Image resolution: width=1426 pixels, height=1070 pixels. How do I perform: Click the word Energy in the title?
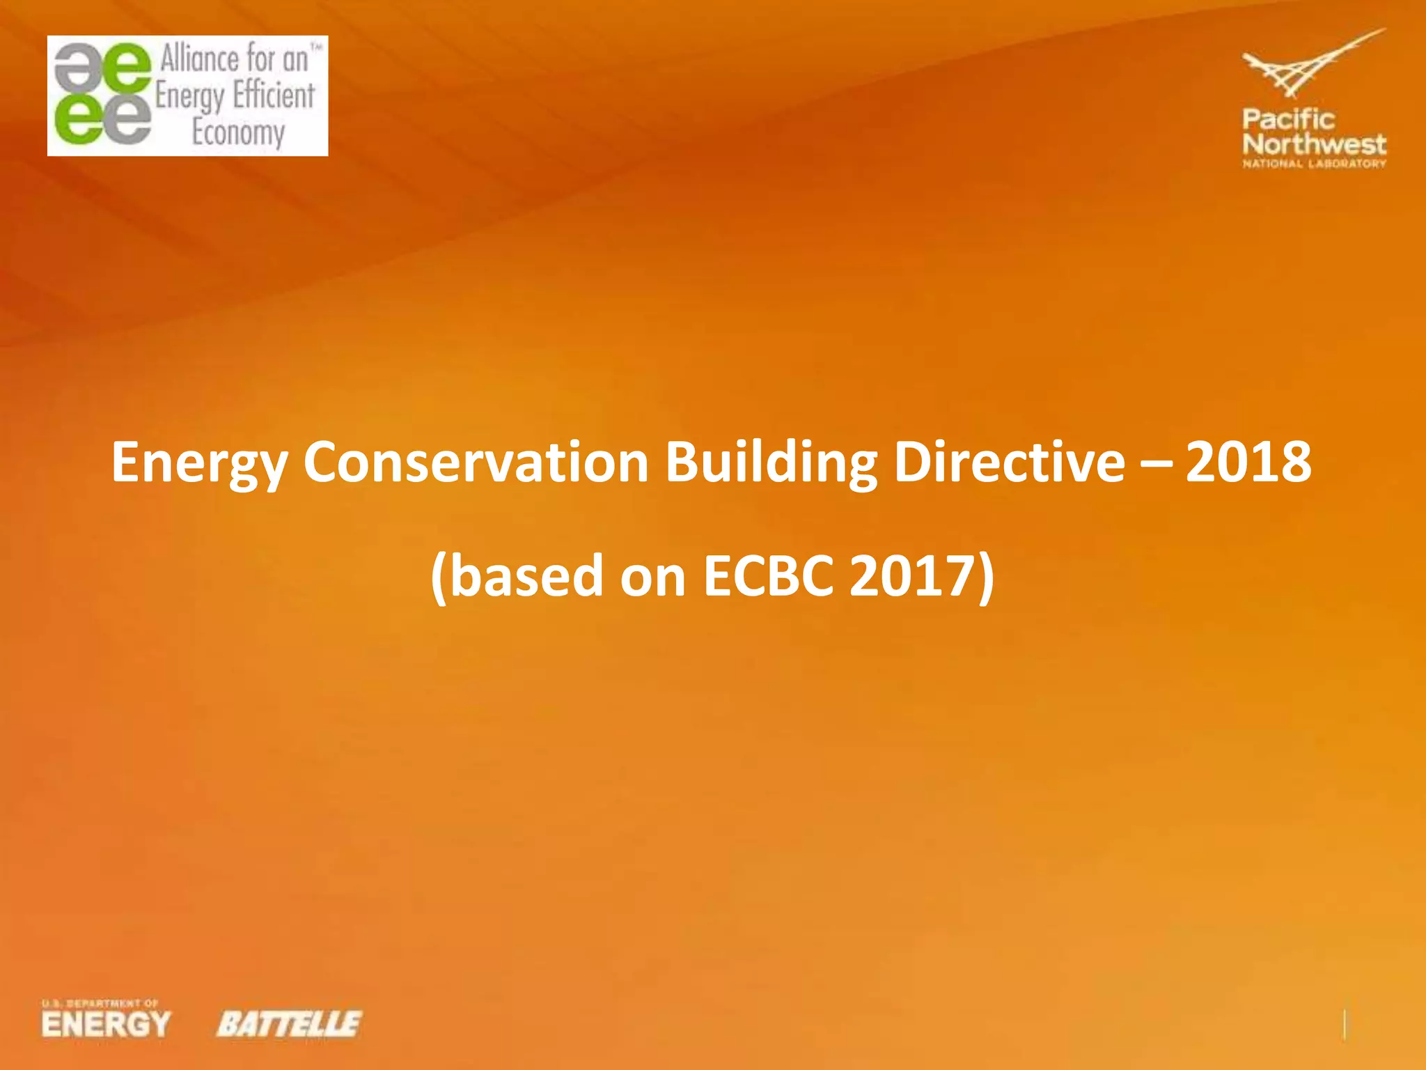[199, 463]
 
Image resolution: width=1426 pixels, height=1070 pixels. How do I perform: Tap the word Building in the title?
[771, 463]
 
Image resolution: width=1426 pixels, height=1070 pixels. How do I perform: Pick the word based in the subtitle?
[526, 577]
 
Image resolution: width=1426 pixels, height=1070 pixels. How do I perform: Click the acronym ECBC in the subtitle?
[768, 577]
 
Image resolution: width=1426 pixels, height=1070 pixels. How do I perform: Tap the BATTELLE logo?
[289, 1024]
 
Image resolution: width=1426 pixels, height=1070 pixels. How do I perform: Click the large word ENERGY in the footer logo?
[106, 1025]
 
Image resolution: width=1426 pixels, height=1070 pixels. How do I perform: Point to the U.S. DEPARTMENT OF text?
[100, 1003]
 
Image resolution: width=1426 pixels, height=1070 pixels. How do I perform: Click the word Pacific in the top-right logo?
[1288, 119]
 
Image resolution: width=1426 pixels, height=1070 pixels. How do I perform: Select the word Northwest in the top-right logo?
[1314, 144]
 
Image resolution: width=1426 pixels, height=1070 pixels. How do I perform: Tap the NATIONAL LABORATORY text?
[1314, 164]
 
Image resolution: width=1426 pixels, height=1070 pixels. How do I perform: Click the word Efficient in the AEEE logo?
[274, 95]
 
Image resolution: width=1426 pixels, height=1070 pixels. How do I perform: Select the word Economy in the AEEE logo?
[238, 132]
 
